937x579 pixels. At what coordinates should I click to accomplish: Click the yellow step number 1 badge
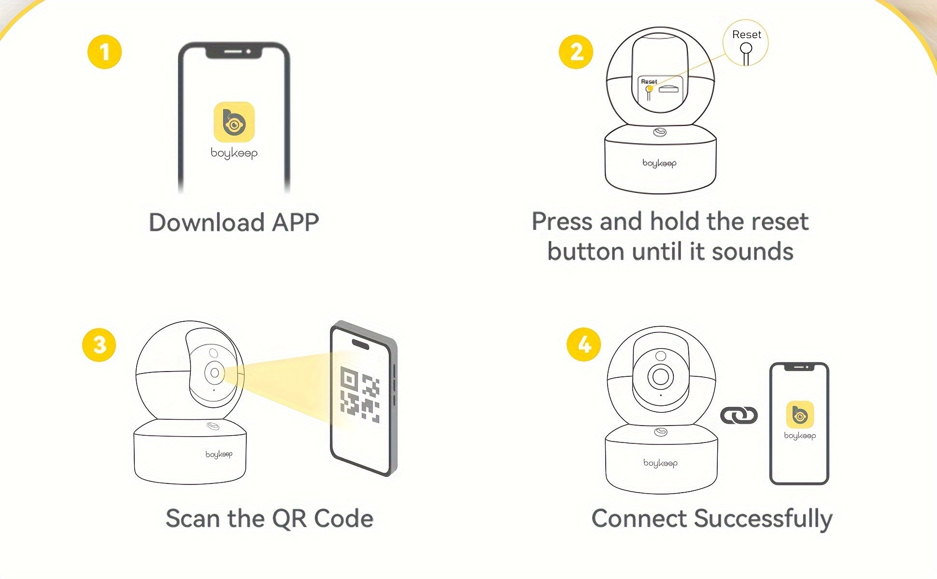[104, 52]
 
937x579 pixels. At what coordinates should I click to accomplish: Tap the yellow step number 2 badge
[576, 52]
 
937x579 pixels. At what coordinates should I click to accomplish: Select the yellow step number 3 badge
[99, 345]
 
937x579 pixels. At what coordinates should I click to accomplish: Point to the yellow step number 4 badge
[584, 345]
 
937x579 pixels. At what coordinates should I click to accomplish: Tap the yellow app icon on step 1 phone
[234, 122]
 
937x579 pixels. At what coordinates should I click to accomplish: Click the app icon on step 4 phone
[800, 414]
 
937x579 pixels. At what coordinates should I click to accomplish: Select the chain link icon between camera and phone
[739, 415]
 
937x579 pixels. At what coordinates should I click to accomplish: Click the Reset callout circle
[746, 43]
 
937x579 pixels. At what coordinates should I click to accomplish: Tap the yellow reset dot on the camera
[650, 89]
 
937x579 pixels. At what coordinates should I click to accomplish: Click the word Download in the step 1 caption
[207, 222]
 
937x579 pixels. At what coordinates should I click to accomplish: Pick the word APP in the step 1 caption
[295, 222]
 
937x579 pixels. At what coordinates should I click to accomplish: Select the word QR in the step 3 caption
[290, 519]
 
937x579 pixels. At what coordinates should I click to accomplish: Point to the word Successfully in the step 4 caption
[763, 519]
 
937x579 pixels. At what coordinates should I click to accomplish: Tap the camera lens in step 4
[660, 376]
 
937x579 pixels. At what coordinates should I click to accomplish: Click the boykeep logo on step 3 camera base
[219, 455]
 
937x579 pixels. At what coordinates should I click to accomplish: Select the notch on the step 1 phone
[234, 51]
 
